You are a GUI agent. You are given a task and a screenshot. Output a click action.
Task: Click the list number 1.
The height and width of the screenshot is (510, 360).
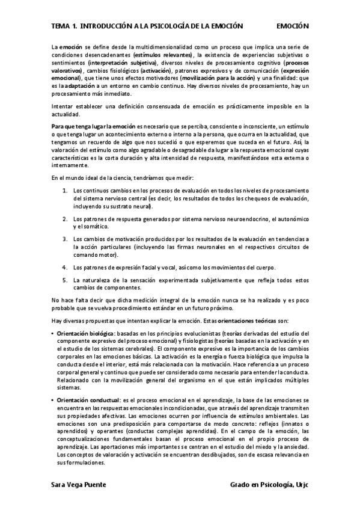65,191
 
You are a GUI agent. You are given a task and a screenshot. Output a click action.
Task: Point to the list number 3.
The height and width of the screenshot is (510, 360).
65,239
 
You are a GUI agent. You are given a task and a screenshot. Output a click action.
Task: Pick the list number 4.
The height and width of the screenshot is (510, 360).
65,266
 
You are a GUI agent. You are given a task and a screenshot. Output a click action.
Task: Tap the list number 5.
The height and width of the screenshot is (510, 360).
65,280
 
